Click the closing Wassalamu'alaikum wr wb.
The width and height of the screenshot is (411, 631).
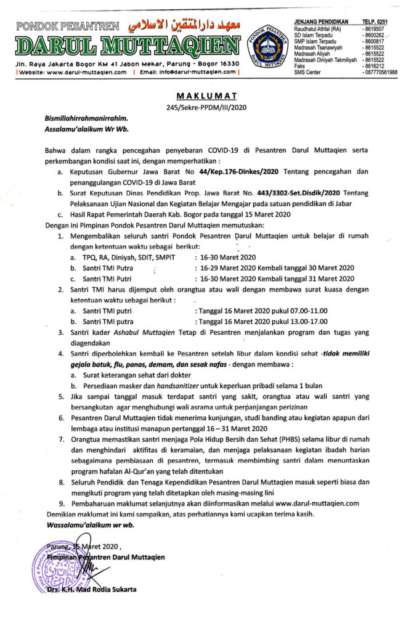(x=90, y=525)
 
